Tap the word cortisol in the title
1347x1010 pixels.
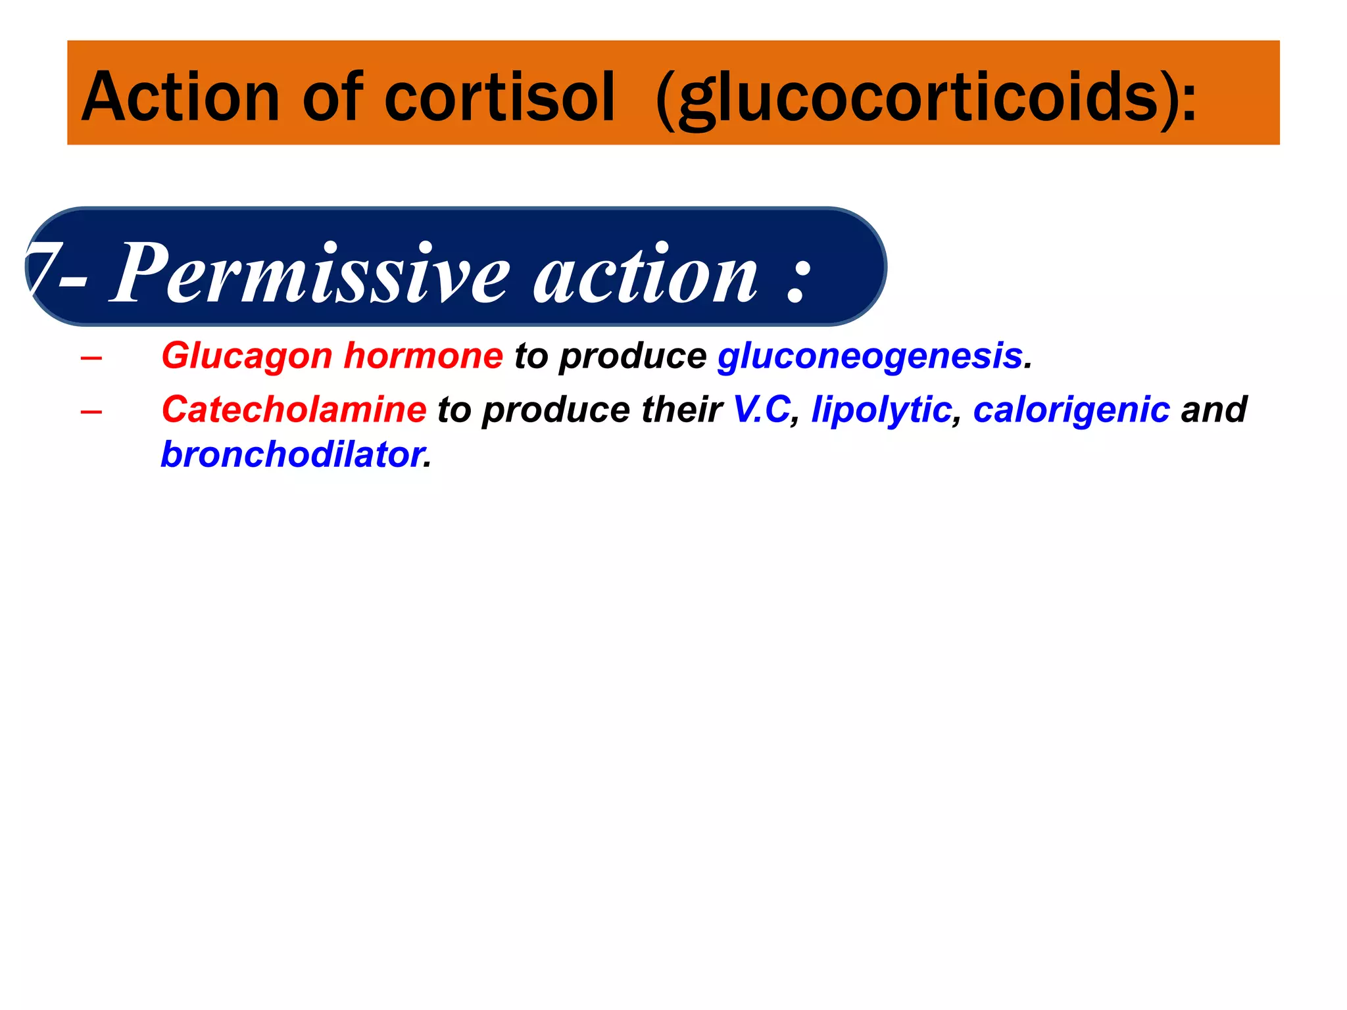point(499,98)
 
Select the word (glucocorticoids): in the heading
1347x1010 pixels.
point(926,98)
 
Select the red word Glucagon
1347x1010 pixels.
point(247,356)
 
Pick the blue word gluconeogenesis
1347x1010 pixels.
point(869,356)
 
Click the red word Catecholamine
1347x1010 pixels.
point(294,410)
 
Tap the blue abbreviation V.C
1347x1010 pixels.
point(761,410)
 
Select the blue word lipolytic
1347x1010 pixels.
point(881,410)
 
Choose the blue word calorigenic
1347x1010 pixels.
point(1071,410)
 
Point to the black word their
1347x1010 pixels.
point(681,410)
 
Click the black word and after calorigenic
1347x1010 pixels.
point(1213,410)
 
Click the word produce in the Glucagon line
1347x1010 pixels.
point(632,356)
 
